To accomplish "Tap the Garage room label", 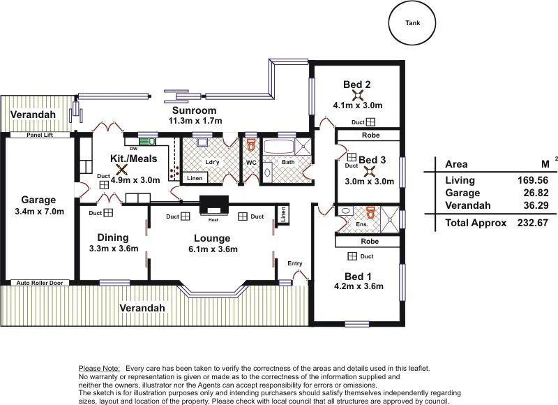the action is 38,200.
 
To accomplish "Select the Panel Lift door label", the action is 40,135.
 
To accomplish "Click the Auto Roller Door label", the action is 40,283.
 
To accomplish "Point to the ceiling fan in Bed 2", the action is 357,95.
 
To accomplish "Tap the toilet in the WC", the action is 251,145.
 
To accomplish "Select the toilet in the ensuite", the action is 371,212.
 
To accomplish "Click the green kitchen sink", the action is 148,142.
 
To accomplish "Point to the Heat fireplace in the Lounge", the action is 213,205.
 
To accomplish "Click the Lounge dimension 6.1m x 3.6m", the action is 213,249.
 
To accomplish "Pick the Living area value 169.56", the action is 533,180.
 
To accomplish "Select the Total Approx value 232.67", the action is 533,223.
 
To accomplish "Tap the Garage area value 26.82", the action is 537,193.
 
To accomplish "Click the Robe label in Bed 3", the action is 370,135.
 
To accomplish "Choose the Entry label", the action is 295,263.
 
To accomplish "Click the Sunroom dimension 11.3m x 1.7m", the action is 195,121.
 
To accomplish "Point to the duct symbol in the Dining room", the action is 108,213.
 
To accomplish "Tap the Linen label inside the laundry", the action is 195,178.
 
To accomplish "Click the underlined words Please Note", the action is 99,368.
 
